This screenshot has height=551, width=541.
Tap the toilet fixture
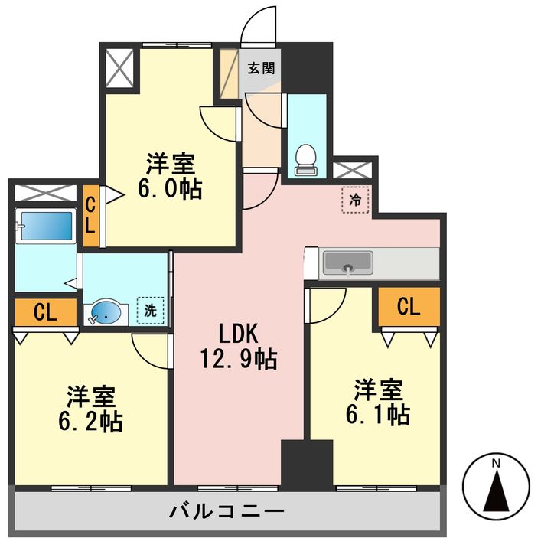(x=306, y=158)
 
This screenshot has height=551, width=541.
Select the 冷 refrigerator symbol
(x=355, y=201)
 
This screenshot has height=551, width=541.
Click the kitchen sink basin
(x=348, y=264)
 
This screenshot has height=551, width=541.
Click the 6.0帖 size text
(x=170, y=188)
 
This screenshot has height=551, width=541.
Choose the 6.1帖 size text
(x=377, y=414)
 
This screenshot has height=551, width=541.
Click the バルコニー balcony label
(x=227, y=510)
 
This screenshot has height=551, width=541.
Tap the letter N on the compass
(x=496, y=463)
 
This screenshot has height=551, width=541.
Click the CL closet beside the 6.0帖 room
(x=90, y=217)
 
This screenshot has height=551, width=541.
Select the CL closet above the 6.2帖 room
(x=45, y=311)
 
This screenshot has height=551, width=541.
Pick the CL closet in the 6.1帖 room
(x=409, y=306)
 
